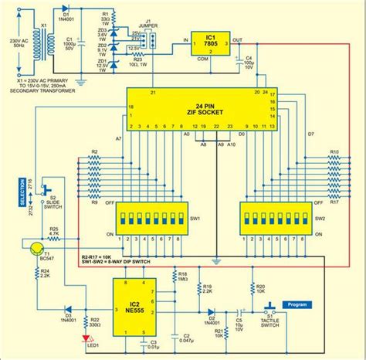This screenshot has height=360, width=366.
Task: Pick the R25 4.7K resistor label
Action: coord(55,231)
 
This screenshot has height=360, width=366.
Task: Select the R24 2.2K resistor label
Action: coord(45,272)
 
